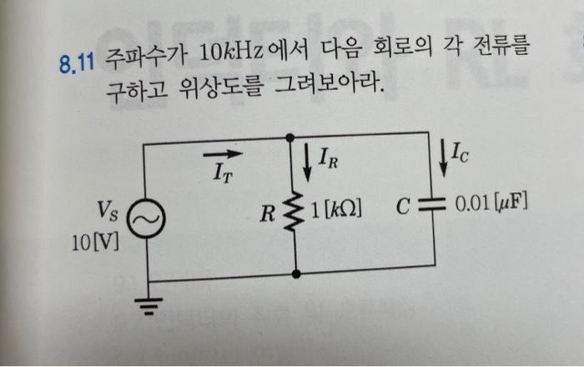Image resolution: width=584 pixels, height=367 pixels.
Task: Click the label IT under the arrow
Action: tap(221, 174)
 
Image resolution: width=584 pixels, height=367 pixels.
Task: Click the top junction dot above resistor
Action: tap(291, 135)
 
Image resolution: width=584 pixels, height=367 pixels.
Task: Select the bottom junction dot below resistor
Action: tap(295, 272)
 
